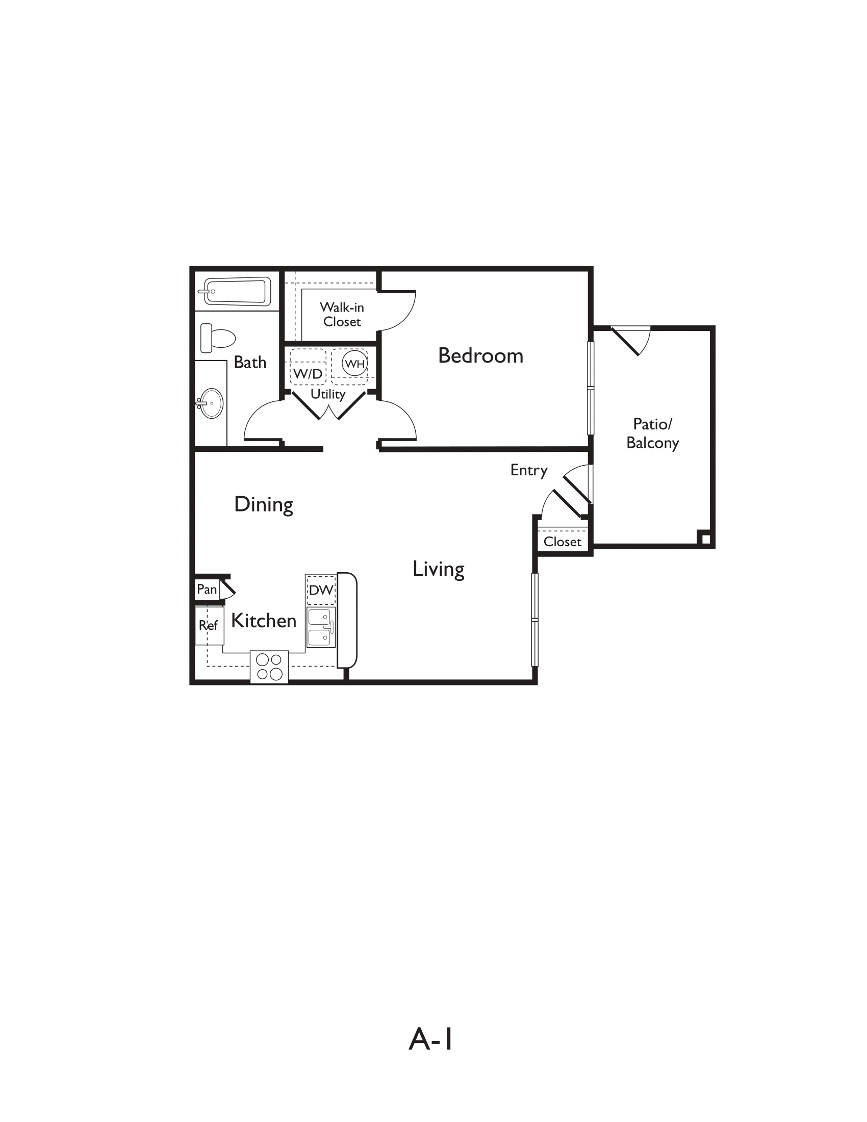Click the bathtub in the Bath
coord(235,291)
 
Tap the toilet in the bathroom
coord(218,338)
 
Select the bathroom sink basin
coord(211,403)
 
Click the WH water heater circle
coord(354,364)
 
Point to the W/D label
coord(308,373)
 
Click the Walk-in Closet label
coord(342,314)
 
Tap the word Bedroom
coord(480,355)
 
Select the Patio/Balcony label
coord(652,433)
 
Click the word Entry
coord(528,470)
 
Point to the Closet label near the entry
coord(562,542)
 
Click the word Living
coord(438,569)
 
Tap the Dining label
coord(264,504)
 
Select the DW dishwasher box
coord(321,590)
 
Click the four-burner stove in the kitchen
coord(269,667)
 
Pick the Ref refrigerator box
coord(209,625)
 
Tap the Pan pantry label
coord(207,589)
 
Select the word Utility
coord(328,395)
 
